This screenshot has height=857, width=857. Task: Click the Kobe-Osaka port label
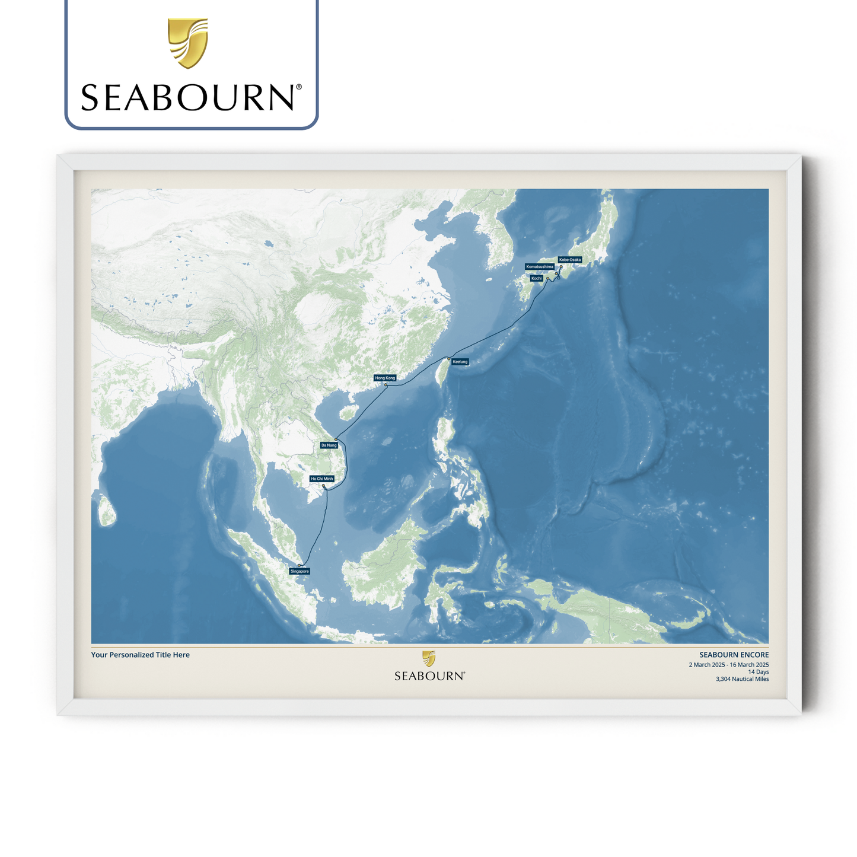tap(569, 260)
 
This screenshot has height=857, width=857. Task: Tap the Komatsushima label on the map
tap(540, 267)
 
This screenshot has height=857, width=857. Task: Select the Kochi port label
tap(536, 278)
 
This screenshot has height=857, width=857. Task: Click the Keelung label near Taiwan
tap(460, 362)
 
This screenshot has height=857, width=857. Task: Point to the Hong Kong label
tap(384, 378)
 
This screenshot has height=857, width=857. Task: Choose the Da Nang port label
tap(329, 445)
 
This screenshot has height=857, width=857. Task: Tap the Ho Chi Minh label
tap(321, 479)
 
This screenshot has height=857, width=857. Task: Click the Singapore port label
tap(300, 571)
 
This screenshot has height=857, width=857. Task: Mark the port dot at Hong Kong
tap(386, 385)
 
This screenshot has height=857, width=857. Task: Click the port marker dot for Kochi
tap(547, 278)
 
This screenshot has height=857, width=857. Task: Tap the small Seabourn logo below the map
tap(429, 666)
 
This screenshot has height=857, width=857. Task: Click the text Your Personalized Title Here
tap(141, 655)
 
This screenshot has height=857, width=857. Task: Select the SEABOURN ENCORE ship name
tap(734, 655)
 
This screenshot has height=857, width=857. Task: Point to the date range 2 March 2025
tap(728, 665)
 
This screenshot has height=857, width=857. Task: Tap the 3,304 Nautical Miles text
tap(742, 679)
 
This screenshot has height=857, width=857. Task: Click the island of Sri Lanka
tap(107, 512)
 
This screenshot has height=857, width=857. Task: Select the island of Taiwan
tap(441, 374)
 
